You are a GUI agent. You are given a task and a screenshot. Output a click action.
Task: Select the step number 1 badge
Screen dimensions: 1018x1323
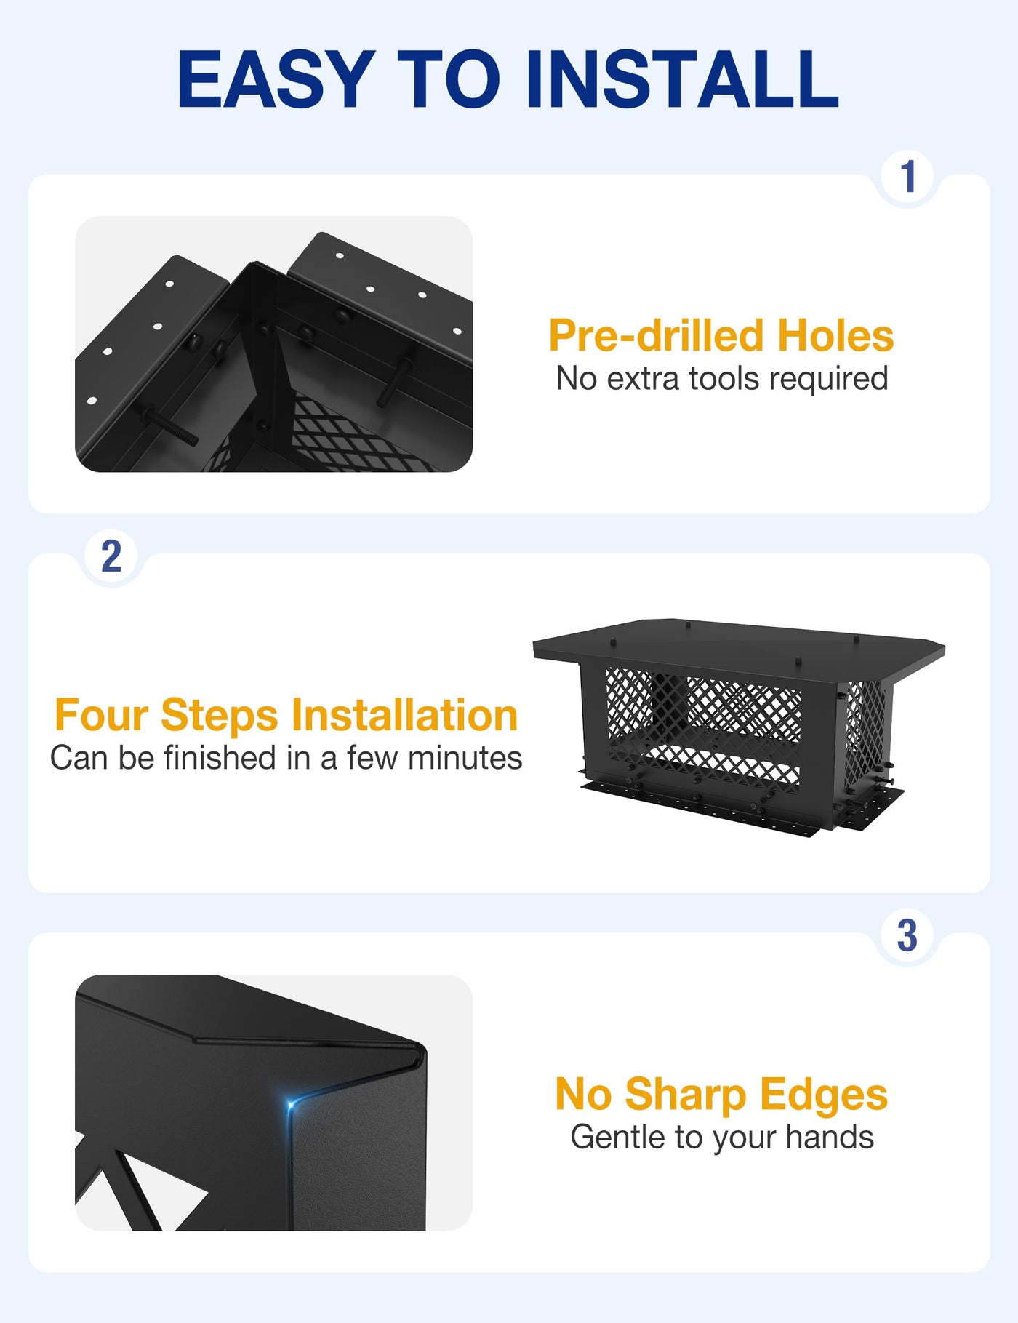pos(908,177)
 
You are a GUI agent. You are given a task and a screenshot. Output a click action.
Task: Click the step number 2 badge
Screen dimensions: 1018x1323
pos(111,556)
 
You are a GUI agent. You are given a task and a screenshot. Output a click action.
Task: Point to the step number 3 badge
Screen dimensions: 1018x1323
pos(907,935)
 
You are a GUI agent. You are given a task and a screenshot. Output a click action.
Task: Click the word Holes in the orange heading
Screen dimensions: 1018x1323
pos(835,335)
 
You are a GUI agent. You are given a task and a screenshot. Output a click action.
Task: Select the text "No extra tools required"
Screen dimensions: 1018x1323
pos(722,378)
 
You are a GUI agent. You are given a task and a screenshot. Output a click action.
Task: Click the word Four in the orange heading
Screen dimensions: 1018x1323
pos(102,715)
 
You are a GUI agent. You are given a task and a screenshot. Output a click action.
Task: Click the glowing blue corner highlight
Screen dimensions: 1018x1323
pos(292,1106)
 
